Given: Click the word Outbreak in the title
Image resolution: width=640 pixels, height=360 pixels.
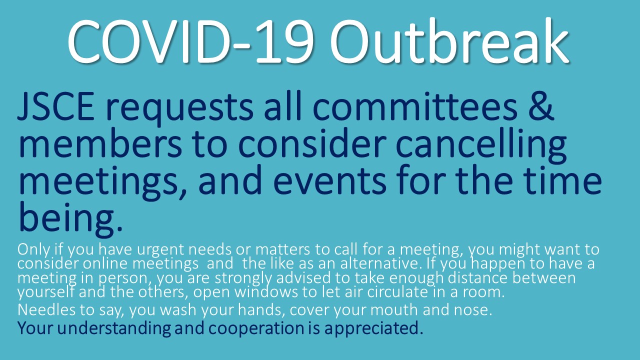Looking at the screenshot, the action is [x=449, y=41].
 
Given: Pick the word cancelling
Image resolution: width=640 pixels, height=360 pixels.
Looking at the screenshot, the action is [x=481, y=145].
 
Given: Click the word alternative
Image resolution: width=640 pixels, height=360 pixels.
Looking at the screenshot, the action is [x=380, y=263].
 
